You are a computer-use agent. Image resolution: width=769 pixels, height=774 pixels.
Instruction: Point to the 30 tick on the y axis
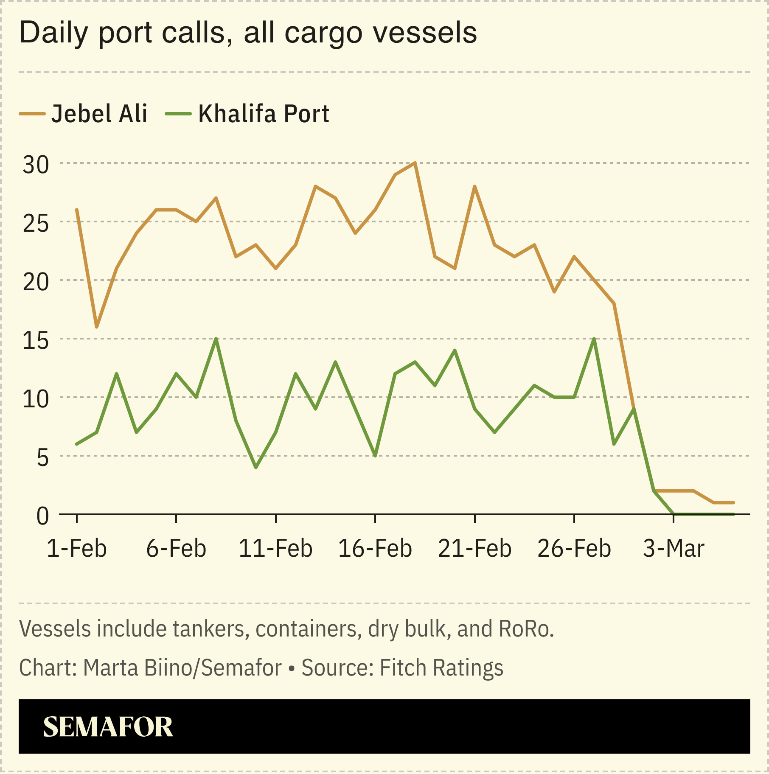tap(36, 165)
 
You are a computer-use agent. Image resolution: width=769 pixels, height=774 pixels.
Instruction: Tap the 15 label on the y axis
tap(36, 340)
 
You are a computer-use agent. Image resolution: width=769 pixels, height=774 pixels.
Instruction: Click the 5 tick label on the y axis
tap(42, 457)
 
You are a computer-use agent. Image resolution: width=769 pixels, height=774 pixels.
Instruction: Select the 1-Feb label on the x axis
tap(76, 548)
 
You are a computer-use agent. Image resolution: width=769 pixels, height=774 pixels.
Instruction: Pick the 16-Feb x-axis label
tap(375, 548)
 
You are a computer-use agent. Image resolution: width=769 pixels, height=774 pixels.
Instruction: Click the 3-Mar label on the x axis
tap(674, 548)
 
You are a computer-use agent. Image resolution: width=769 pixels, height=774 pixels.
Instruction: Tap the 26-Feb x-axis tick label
tap(574, 548)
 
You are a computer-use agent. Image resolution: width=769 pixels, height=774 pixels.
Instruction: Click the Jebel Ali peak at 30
tap(415, 163)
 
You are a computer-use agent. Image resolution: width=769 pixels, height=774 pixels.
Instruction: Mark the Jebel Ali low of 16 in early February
tap(96, 327)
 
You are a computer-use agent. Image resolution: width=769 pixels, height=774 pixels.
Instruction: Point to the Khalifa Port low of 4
tap(256, 468)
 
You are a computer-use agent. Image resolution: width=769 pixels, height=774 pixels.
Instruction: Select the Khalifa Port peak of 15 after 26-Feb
tap(594, 339)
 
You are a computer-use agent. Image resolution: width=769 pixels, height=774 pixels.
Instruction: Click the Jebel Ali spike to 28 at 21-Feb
tap(474, 186)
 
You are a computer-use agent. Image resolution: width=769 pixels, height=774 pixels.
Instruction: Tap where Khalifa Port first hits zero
tap(674, 514)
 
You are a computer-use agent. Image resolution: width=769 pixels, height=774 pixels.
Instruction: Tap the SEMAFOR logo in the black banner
tap(108, 727)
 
